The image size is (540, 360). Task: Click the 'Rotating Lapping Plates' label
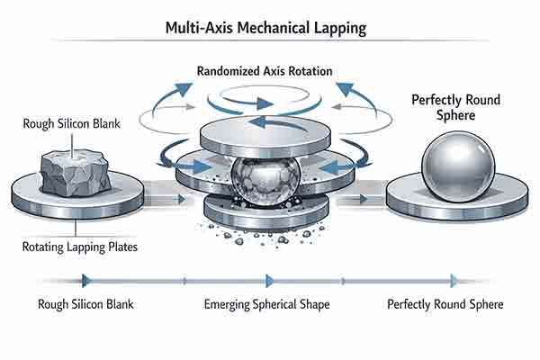tap(77, 246)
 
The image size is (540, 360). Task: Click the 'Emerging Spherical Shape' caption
tap(266, 304)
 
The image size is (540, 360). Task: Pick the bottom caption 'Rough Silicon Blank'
tap(87, 304)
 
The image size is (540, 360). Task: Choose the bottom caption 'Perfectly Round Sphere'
tap(445, 304)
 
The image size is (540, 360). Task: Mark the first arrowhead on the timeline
tap(86, 280)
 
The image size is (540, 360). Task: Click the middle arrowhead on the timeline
tap(269, 280)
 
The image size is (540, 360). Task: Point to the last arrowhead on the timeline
tap(454, 280)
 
